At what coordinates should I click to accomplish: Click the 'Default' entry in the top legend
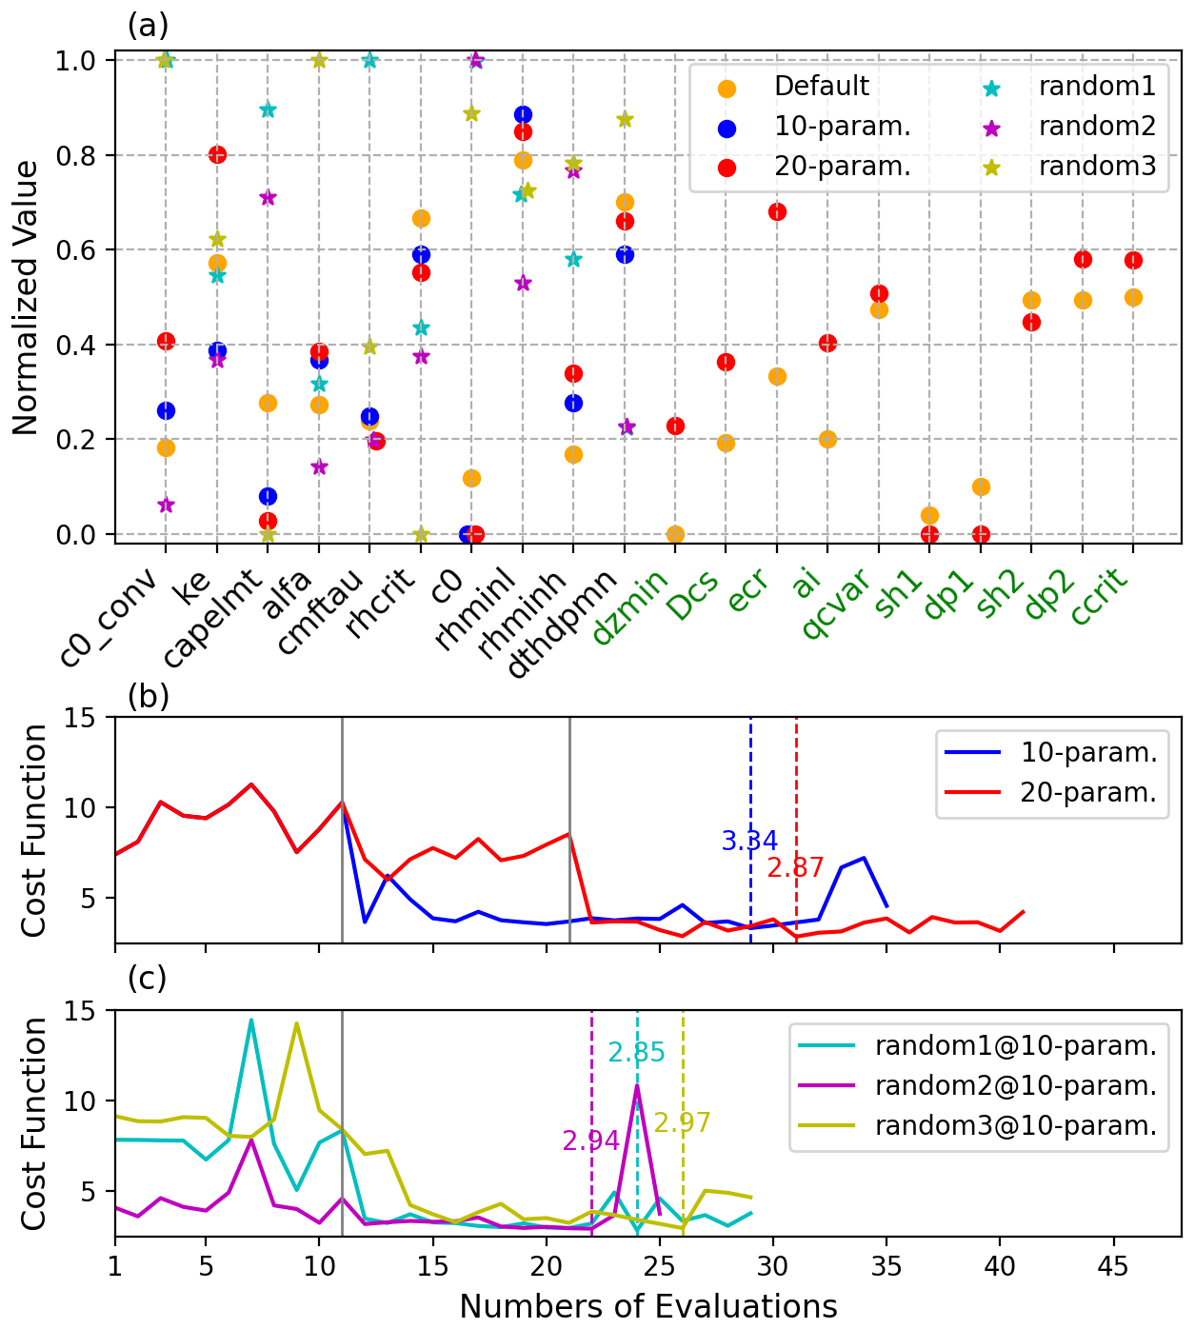(821, 87)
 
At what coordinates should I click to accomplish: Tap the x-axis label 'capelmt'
(212, 619)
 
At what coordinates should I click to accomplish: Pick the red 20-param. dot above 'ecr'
(777, 211)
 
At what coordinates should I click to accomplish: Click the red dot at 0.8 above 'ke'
(217, 154)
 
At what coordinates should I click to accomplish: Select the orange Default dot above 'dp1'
(981, 486)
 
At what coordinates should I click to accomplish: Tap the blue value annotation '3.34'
(749, 842)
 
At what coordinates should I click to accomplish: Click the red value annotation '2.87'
(795, 867)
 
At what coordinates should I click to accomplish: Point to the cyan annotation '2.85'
(636, 1053)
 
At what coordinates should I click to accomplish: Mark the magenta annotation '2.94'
(590, 1141)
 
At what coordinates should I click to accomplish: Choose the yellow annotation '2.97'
(682, 1123)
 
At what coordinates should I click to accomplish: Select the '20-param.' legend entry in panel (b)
(1088, 793)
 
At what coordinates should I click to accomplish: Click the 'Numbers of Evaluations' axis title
(648, 1306)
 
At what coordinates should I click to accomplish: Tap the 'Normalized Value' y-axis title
(27, 298)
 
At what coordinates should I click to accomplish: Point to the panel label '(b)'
(148, 697)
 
